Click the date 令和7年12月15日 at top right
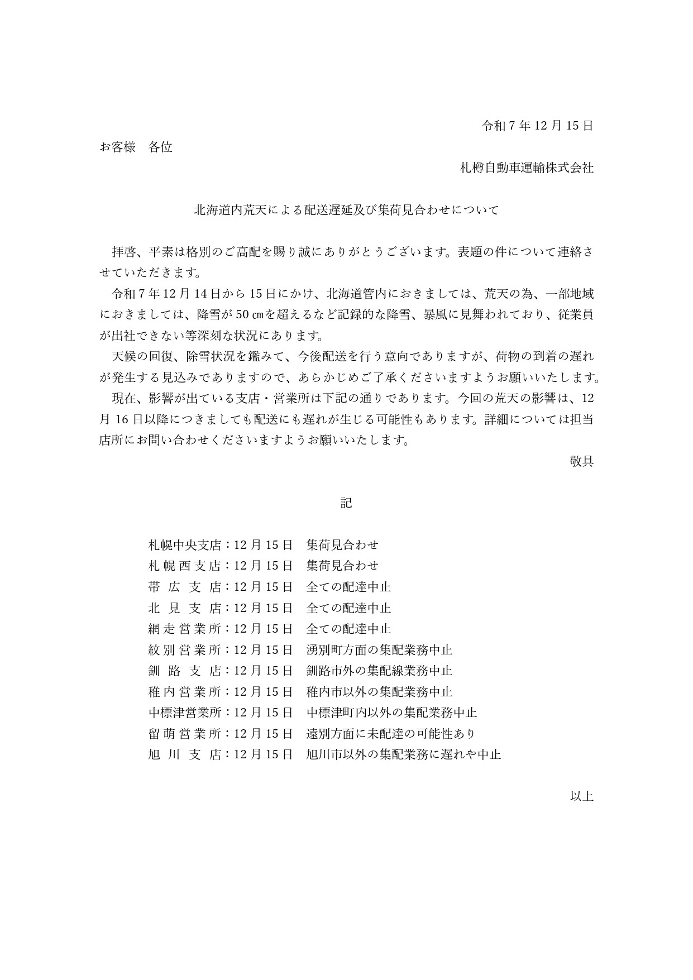[537, 126]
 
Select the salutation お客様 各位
[136, 147]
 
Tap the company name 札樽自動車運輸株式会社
[526, 168]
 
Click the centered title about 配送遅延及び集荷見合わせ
[346, 211]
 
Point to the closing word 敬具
[581, 461]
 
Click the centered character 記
[346, 503]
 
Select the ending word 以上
[581, 796]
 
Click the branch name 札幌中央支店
[185, 545]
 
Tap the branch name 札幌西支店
[185, 566]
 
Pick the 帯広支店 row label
[185, 587]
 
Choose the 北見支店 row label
[185, 608]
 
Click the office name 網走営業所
[185, 629]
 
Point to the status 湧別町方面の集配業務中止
[379, 650]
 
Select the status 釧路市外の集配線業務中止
[379, 671]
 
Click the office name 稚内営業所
[185, 692]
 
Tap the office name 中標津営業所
[185, 713]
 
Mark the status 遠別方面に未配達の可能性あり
[391, 734]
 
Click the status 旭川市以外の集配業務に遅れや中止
[403, 754]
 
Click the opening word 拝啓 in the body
[124, 252]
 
